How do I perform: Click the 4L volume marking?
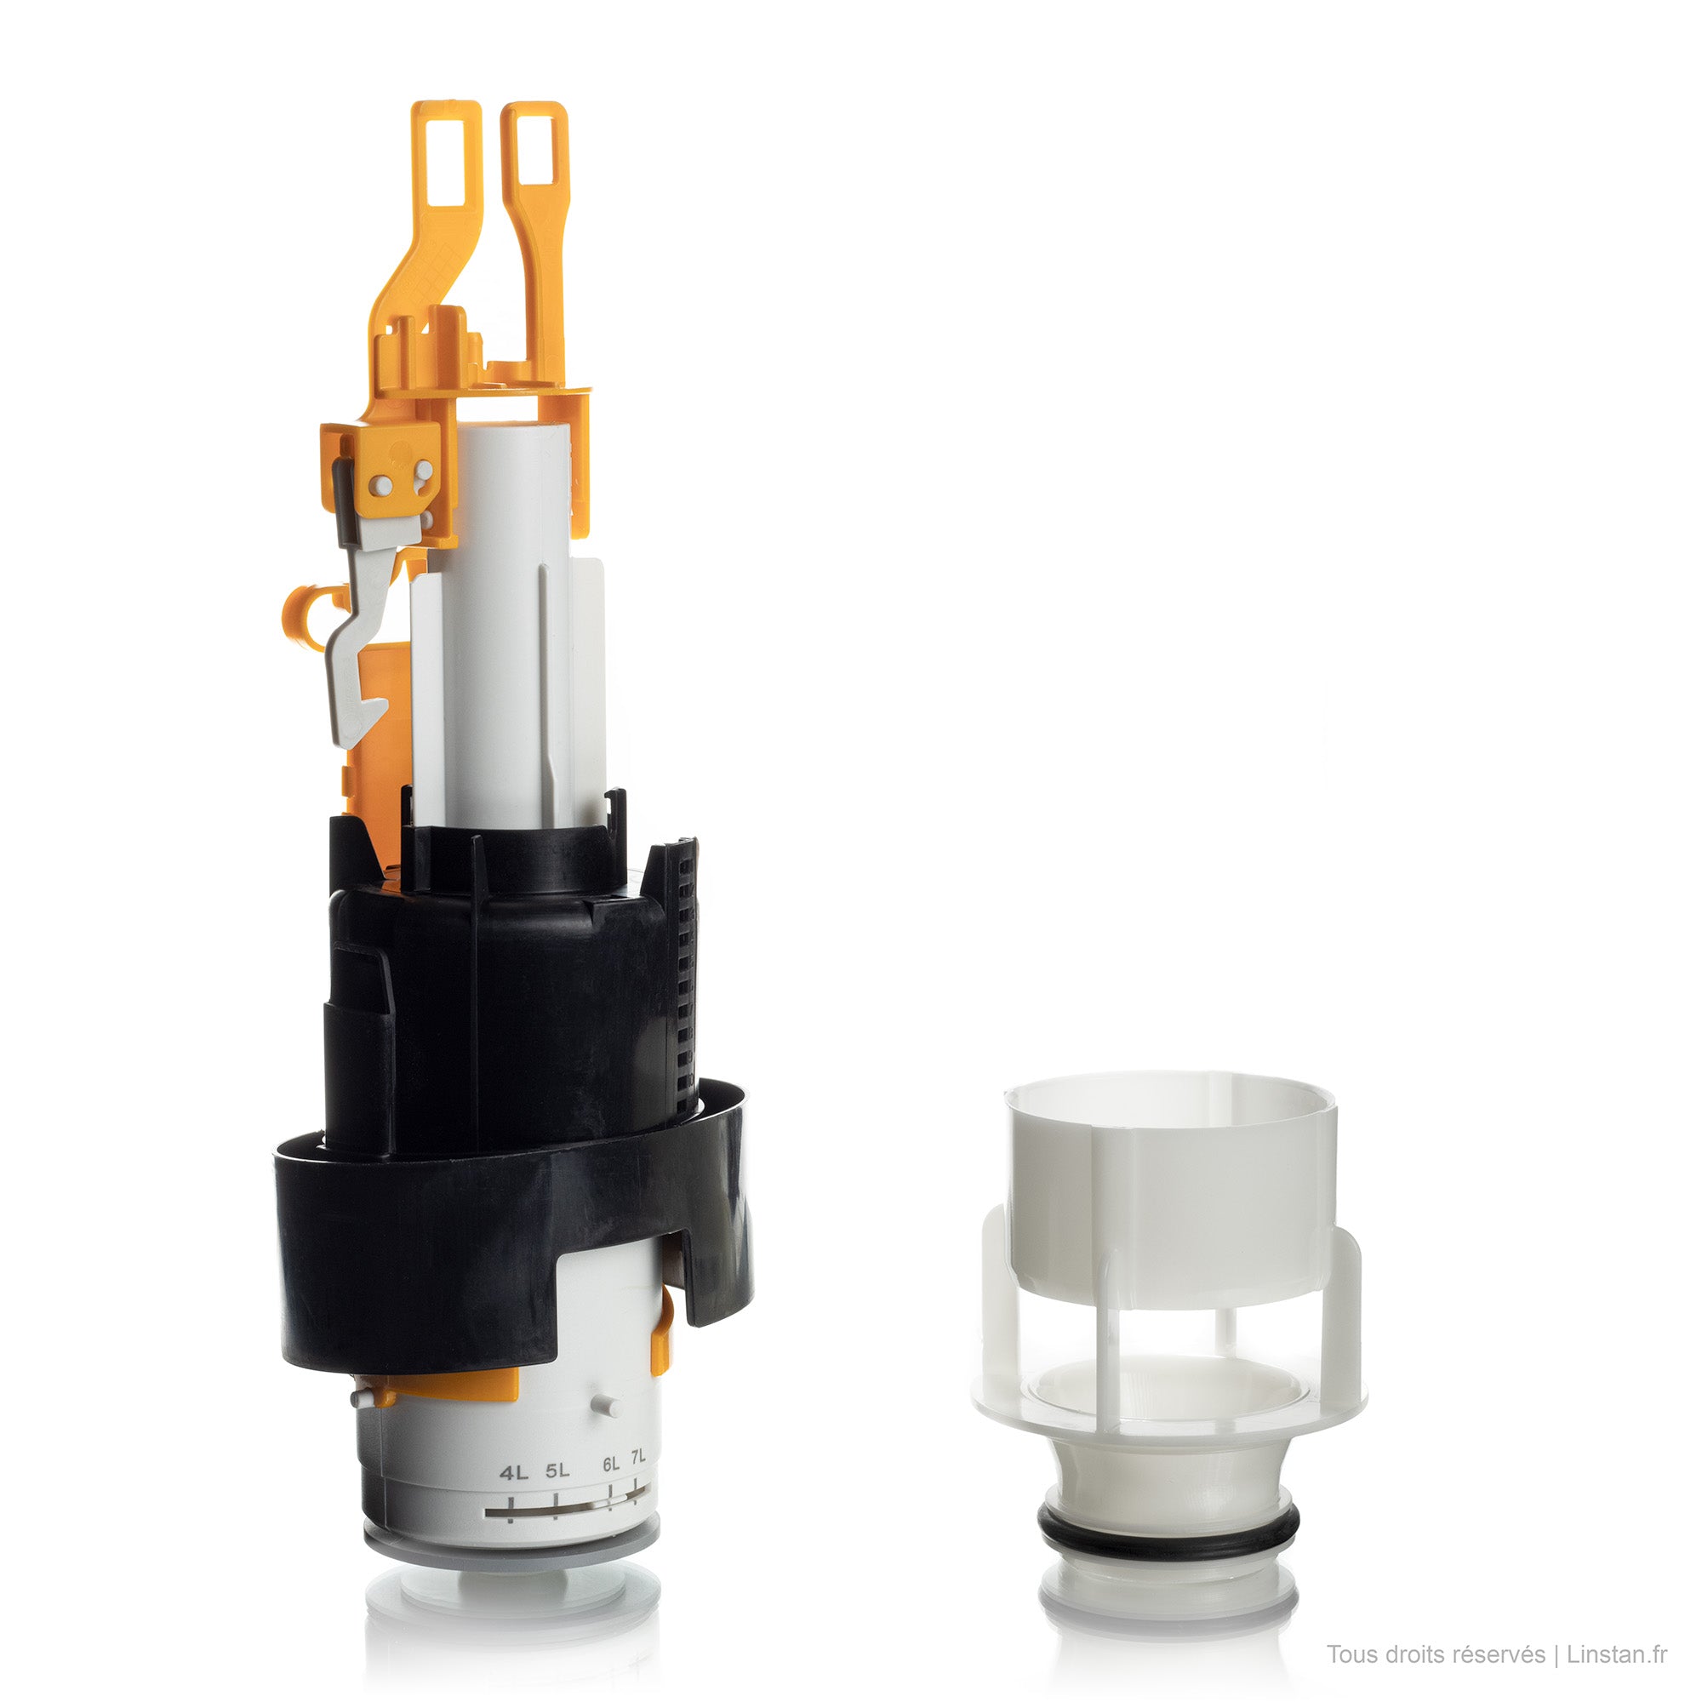pyautogui.click(x=514, y=1473)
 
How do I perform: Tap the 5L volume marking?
pyautogui.click(x=557, y=1471)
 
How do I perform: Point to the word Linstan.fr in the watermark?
pyautogui.click(x=1617, y=1654)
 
